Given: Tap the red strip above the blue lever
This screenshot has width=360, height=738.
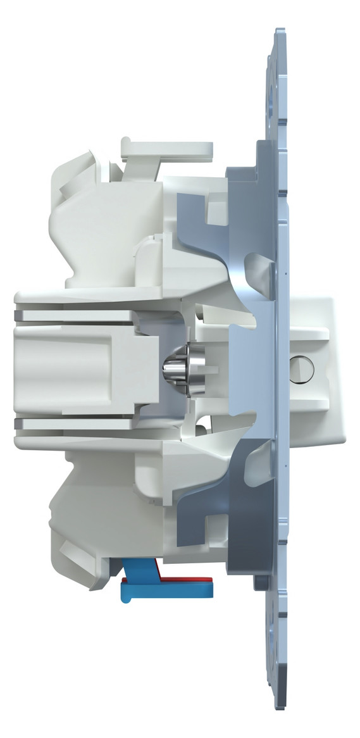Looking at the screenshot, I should pyautogui.click(x=183, y=578).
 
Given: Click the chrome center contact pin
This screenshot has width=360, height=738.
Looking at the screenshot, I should pyautogui.click(x=179, y=368).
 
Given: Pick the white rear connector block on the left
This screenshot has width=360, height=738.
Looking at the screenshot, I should pyautogui.click(x=76, y=367).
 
